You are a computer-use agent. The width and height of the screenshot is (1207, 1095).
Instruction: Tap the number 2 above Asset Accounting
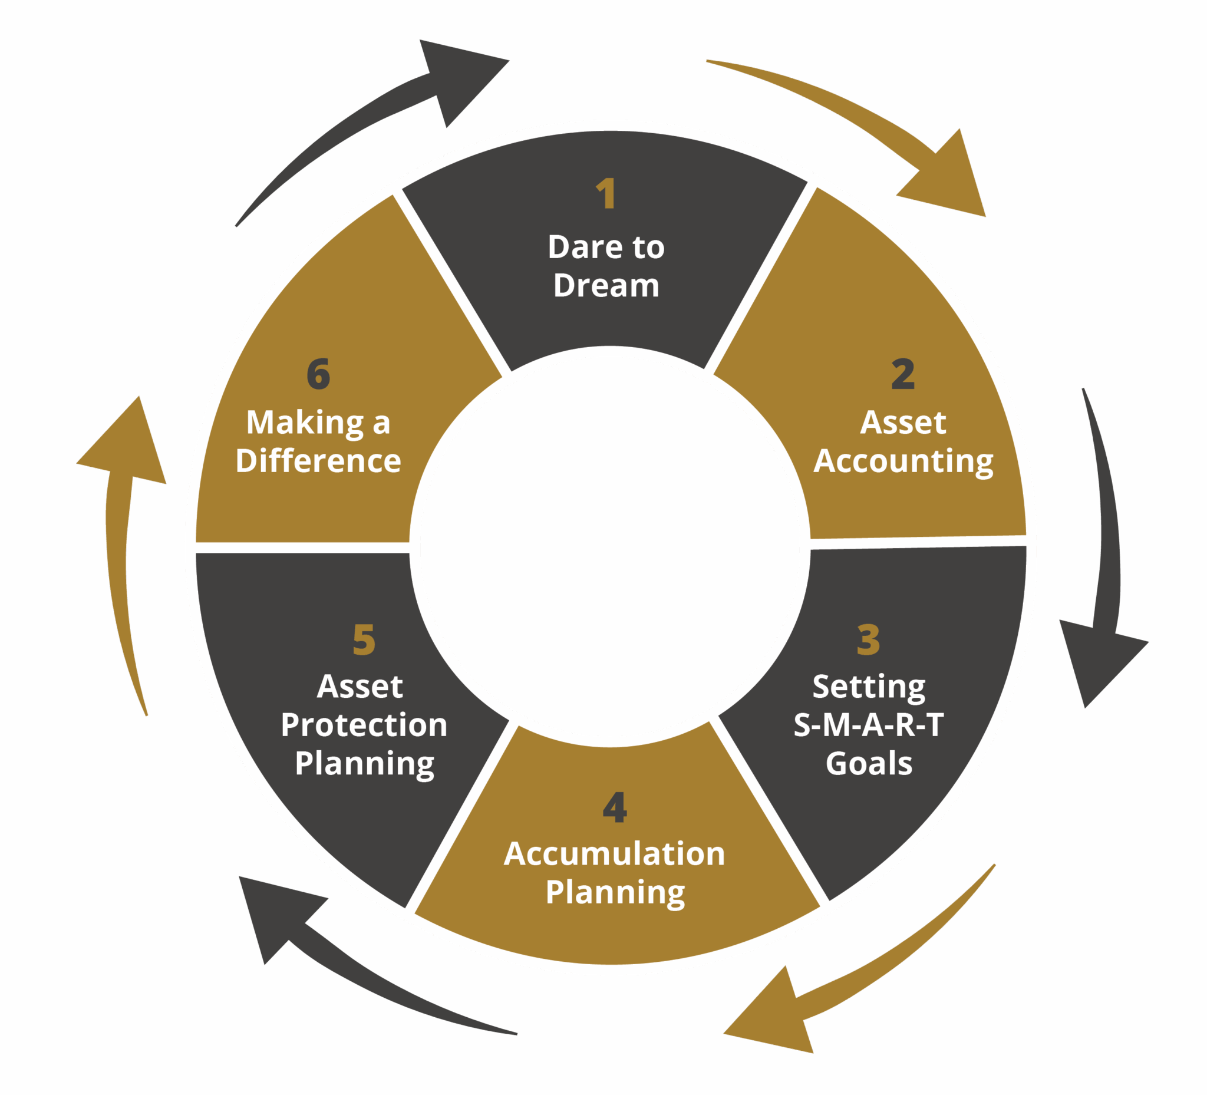(x=903, y=374)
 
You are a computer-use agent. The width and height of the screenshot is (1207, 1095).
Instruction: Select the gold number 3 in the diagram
(x=868, y=639)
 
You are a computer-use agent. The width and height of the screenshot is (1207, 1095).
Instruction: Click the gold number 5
(x=364, y=639)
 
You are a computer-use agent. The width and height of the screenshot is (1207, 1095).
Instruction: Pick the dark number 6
(x=318, y=374)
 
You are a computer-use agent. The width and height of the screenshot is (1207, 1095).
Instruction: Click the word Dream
(x=606, y=285)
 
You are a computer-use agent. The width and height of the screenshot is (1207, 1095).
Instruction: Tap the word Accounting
(x=903, y=461)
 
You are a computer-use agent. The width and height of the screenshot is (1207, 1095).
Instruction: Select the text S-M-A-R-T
(x=868, y=724)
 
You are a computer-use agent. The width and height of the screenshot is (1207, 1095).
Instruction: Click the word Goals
(x=868, y=763)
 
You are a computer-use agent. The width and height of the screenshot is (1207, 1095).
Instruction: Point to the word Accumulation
(x=614, y=854)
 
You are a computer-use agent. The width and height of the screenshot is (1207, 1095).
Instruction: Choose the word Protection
(x=364, y=724)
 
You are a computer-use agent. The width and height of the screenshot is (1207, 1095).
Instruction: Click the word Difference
(x=318, y=461)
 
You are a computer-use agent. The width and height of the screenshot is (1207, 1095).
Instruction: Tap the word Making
(x=305, y=423)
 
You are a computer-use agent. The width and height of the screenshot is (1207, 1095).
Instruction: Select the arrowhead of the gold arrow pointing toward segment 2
(x=952, y=180)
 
